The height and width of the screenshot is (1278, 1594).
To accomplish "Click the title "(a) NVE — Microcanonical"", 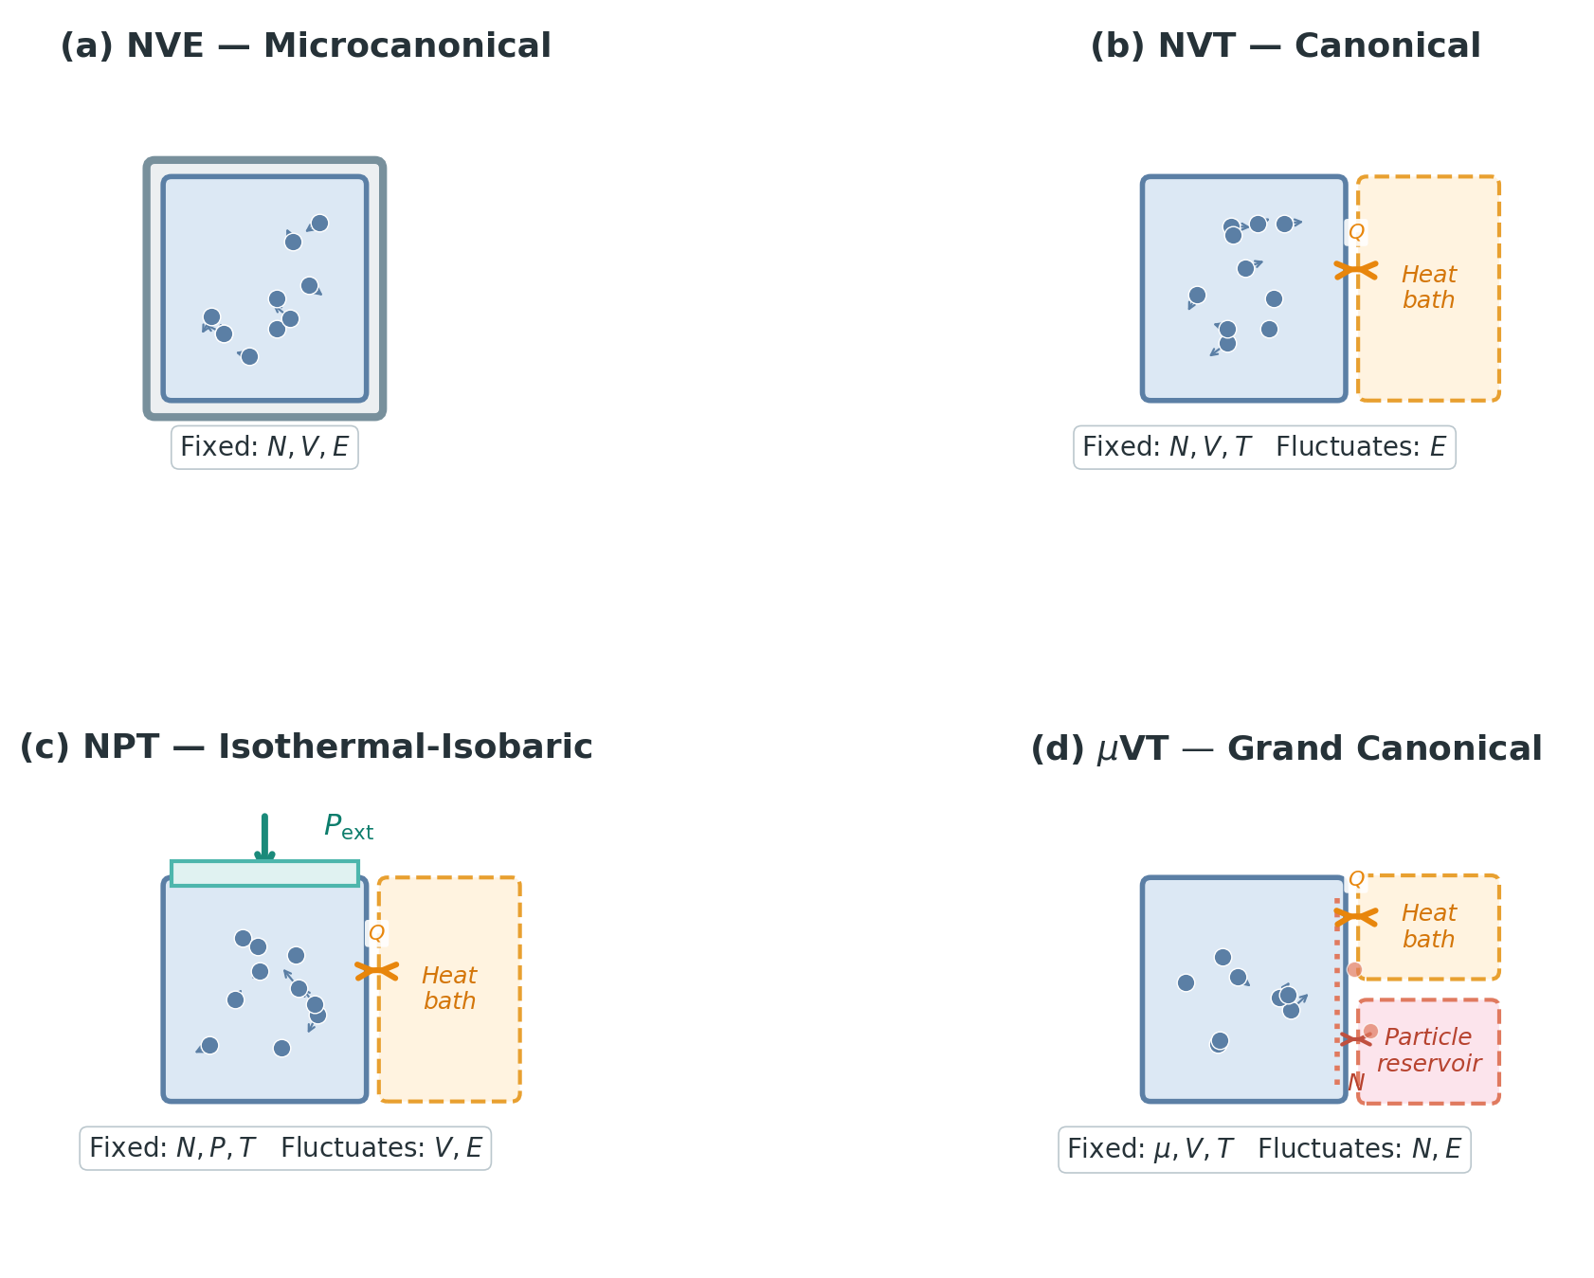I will coord(305,46).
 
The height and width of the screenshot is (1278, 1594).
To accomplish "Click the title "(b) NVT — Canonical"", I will coord(1285,46).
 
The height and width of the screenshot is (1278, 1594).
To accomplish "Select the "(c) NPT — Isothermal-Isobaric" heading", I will coord(305,747).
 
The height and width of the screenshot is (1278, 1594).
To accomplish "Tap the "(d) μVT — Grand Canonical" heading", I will coord(1285,749).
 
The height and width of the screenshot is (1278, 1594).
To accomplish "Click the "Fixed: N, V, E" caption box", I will coord(264,447).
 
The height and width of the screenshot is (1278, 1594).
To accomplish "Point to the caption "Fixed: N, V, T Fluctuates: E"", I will coord(1264,447).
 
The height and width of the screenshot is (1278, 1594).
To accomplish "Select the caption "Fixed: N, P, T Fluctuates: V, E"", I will coord(285,1148).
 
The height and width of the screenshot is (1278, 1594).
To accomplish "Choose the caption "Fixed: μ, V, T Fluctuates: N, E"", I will coord(1264,1149).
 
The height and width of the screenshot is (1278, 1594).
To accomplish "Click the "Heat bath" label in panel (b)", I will coord(1428,287).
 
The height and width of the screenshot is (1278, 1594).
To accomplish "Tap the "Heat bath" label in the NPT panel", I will coord(449,988).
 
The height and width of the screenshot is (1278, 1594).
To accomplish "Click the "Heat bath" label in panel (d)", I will coord(1428,927).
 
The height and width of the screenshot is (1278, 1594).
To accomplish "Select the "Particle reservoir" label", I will coord(1428,1051).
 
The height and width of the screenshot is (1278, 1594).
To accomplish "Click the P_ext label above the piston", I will coord(348,827).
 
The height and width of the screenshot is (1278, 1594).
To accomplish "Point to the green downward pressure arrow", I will coord(264,837).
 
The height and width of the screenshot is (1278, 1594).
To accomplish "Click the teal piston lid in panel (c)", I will coord(264,873).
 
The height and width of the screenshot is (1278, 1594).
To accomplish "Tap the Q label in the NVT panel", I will coord(1356,232).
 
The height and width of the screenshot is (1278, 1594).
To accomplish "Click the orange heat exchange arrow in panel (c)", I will coord(376,970).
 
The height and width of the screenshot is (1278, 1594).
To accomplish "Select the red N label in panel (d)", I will coord(1356,1082).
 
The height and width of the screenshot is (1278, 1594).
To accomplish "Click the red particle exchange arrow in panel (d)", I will coord(1356,1039).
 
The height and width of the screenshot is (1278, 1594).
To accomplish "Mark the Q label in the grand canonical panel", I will coord(1356,879).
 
